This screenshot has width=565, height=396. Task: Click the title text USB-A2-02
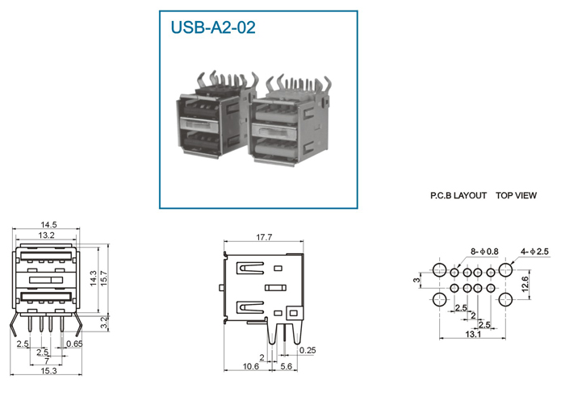[213, 27]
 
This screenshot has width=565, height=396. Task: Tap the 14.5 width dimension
[48, 225]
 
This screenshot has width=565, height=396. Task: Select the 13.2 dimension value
[47, 235]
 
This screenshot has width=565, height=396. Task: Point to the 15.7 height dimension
[104, 278]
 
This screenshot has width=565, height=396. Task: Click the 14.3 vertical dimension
[94, 278]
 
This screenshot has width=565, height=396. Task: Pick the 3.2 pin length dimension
[104, 322]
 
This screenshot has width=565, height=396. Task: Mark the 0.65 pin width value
[74, 344]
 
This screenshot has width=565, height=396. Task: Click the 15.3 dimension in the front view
[48, 371]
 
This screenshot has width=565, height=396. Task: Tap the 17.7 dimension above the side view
[264, 237]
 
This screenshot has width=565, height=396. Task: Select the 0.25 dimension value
[308, 350]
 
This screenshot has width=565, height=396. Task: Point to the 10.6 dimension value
[251, 366]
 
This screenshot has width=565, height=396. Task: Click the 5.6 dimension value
[286, 366]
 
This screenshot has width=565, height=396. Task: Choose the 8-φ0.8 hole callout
[484, 252]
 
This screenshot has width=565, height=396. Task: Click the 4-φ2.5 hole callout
[534, 252]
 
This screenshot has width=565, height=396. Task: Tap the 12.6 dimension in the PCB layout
[525, 284]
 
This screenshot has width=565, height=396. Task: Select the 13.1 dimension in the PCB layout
[473, 334]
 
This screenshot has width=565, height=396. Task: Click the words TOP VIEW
[516, 195]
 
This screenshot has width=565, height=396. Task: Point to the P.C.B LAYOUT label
[458, 195]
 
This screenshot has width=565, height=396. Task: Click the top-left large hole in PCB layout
[440, 269]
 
